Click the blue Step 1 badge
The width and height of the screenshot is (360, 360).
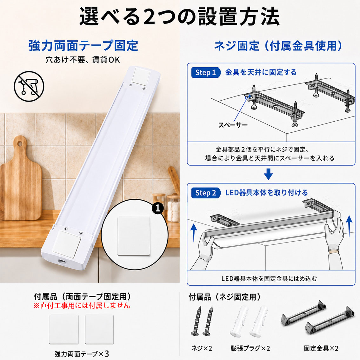[206, 73]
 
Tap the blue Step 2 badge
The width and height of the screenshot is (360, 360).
[206, 193]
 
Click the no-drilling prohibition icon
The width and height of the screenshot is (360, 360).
[29, 86]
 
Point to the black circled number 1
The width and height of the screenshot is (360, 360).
[158, 208]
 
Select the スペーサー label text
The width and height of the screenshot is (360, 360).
[233, 125]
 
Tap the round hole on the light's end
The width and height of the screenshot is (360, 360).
[61, 261]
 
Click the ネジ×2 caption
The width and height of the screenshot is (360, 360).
[202, 349]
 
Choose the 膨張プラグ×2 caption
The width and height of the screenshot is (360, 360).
[250, 349]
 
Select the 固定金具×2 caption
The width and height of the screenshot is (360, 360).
[321, 349]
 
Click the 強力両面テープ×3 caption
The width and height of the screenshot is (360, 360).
[82, 354]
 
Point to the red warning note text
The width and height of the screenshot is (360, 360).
[82, 306]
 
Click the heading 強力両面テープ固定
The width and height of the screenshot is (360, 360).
[83, 45]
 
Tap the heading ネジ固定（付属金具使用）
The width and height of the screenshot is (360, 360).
[278, 46]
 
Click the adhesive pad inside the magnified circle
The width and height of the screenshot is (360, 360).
[133, 236]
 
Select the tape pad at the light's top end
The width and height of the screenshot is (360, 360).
[142, 76]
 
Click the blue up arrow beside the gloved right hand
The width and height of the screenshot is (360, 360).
[349, 226]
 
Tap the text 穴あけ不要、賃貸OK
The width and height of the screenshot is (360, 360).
[83, 60]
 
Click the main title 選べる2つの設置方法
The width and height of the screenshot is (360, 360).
[180, 17]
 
